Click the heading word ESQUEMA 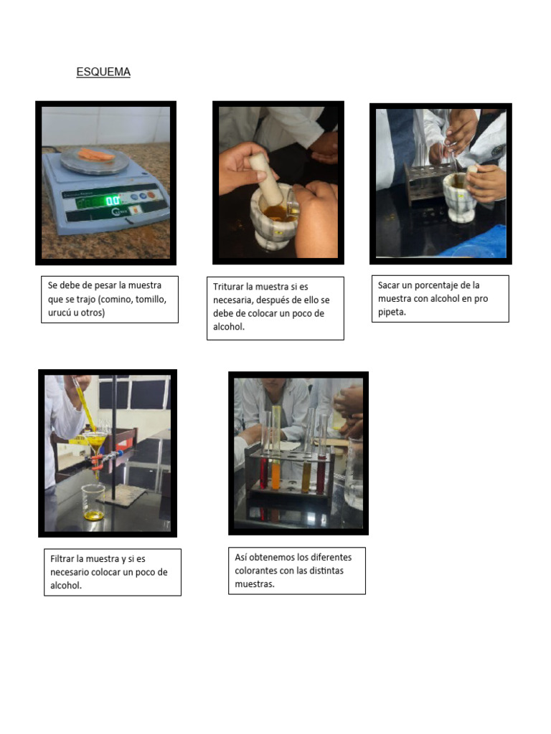(103, 72)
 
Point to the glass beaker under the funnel (93, 502)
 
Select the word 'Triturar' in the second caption (230, 287)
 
